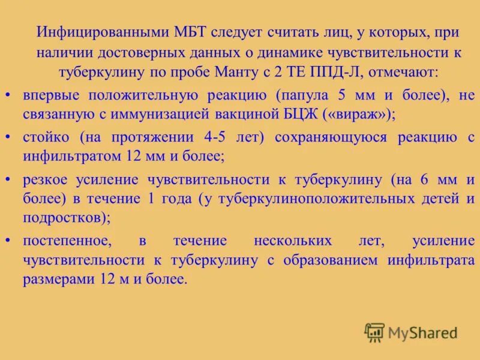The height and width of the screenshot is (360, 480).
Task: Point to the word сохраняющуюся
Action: [x=329, y=137]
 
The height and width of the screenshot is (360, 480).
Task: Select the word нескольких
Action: [x=293, y=241]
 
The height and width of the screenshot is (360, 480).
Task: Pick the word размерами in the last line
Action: [x=55, y=279]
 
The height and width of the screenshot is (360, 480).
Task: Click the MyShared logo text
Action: [x=422, y=332]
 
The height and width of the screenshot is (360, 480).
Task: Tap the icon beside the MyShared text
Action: [x=374, y=332]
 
